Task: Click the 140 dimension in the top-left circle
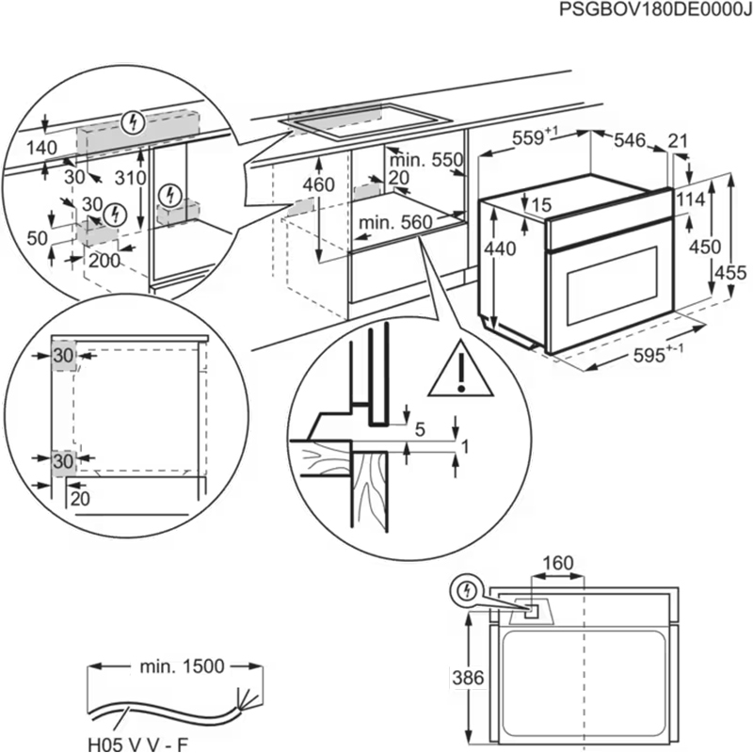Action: [x=42, y=148]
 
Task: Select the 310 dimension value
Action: [x=132, y=178]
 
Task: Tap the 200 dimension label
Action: [x=104, y=261]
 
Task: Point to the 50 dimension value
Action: [x=37, y=238]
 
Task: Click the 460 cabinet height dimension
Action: [x=319, y=185]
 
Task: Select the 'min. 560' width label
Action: [x=394, y=222]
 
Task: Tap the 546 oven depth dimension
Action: [x=629, y=141]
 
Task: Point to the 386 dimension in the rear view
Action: [x=456, y=676]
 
